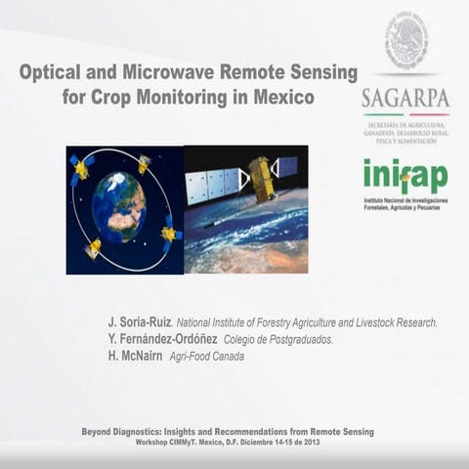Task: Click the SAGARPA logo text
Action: click(405, 99)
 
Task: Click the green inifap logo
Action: click(405, 177)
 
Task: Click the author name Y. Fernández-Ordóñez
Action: click(161, 339)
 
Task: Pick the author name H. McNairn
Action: click(137, 356)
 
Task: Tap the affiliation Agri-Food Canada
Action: click(207, 357)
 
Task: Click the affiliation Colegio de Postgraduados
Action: click(278, 340)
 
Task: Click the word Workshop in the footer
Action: click(153, 442)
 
